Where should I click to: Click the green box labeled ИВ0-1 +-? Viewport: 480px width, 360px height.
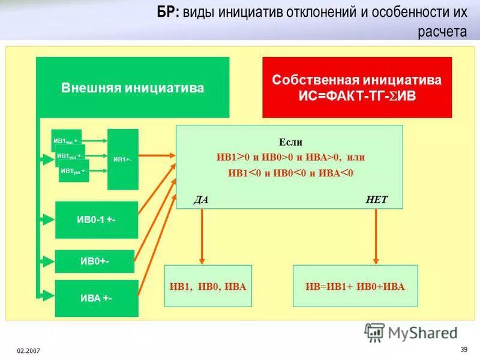97,220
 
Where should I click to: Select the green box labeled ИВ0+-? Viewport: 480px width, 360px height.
97,261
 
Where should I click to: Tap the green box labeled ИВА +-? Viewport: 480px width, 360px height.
97,298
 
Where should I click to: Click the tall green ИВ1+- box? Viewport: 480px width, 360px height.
122,159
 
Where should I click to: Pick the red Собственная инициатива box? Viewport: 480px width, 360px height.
356,87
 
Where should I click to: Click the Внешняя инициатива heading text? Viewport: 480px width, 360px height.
133,88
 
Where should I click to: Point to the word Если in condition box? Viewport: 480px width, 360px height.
290,142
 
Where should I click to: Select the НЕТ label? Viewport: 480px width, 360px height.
376,200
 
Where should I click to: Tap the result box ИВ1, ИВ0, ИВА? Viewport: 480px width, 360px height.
208,287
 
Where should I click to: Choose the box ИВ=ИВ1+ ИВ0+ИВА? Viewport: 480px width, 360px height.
352,287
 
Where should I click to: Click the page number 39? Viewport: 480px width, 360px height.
463,350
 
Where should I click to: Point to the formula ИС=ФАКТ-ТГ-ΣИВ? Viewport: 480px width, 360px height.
356,95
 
